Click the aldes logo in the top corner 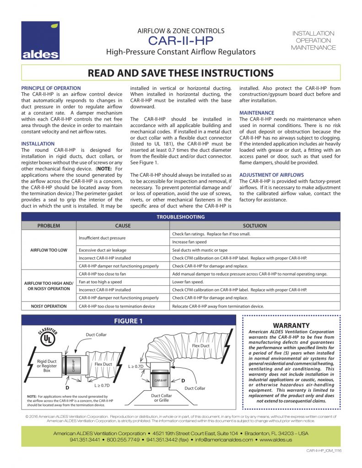(x=40, y=41)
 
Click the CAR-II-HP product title (x=181, y=41)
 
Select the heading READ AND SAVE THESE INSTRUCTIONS (x=181, y=73)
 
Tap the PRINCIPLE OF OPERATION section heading (x=51, y=88)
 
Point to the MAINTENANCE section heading (x=257, y=113)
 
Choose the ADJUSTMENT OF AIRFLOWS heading (x=272, y=175)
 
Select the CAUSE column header (x=123, y=226)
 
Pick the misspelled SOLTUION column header (x=255, y=226)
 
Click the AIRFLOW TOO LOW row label (x=49, y=250)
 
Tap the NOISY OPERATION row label (x=49, y=306)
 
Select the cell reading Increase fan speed (x=189, y=242)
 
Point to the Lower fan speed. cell (x=188, y=282)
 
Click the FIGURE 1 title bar (x=128, y=321)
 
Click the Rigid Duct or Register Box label (x=47, y=366)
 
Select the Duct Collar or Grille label (x=162, y=398)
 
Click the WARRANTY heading (x=291, y=325)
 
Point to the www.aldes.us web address (x=276, y=440)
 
